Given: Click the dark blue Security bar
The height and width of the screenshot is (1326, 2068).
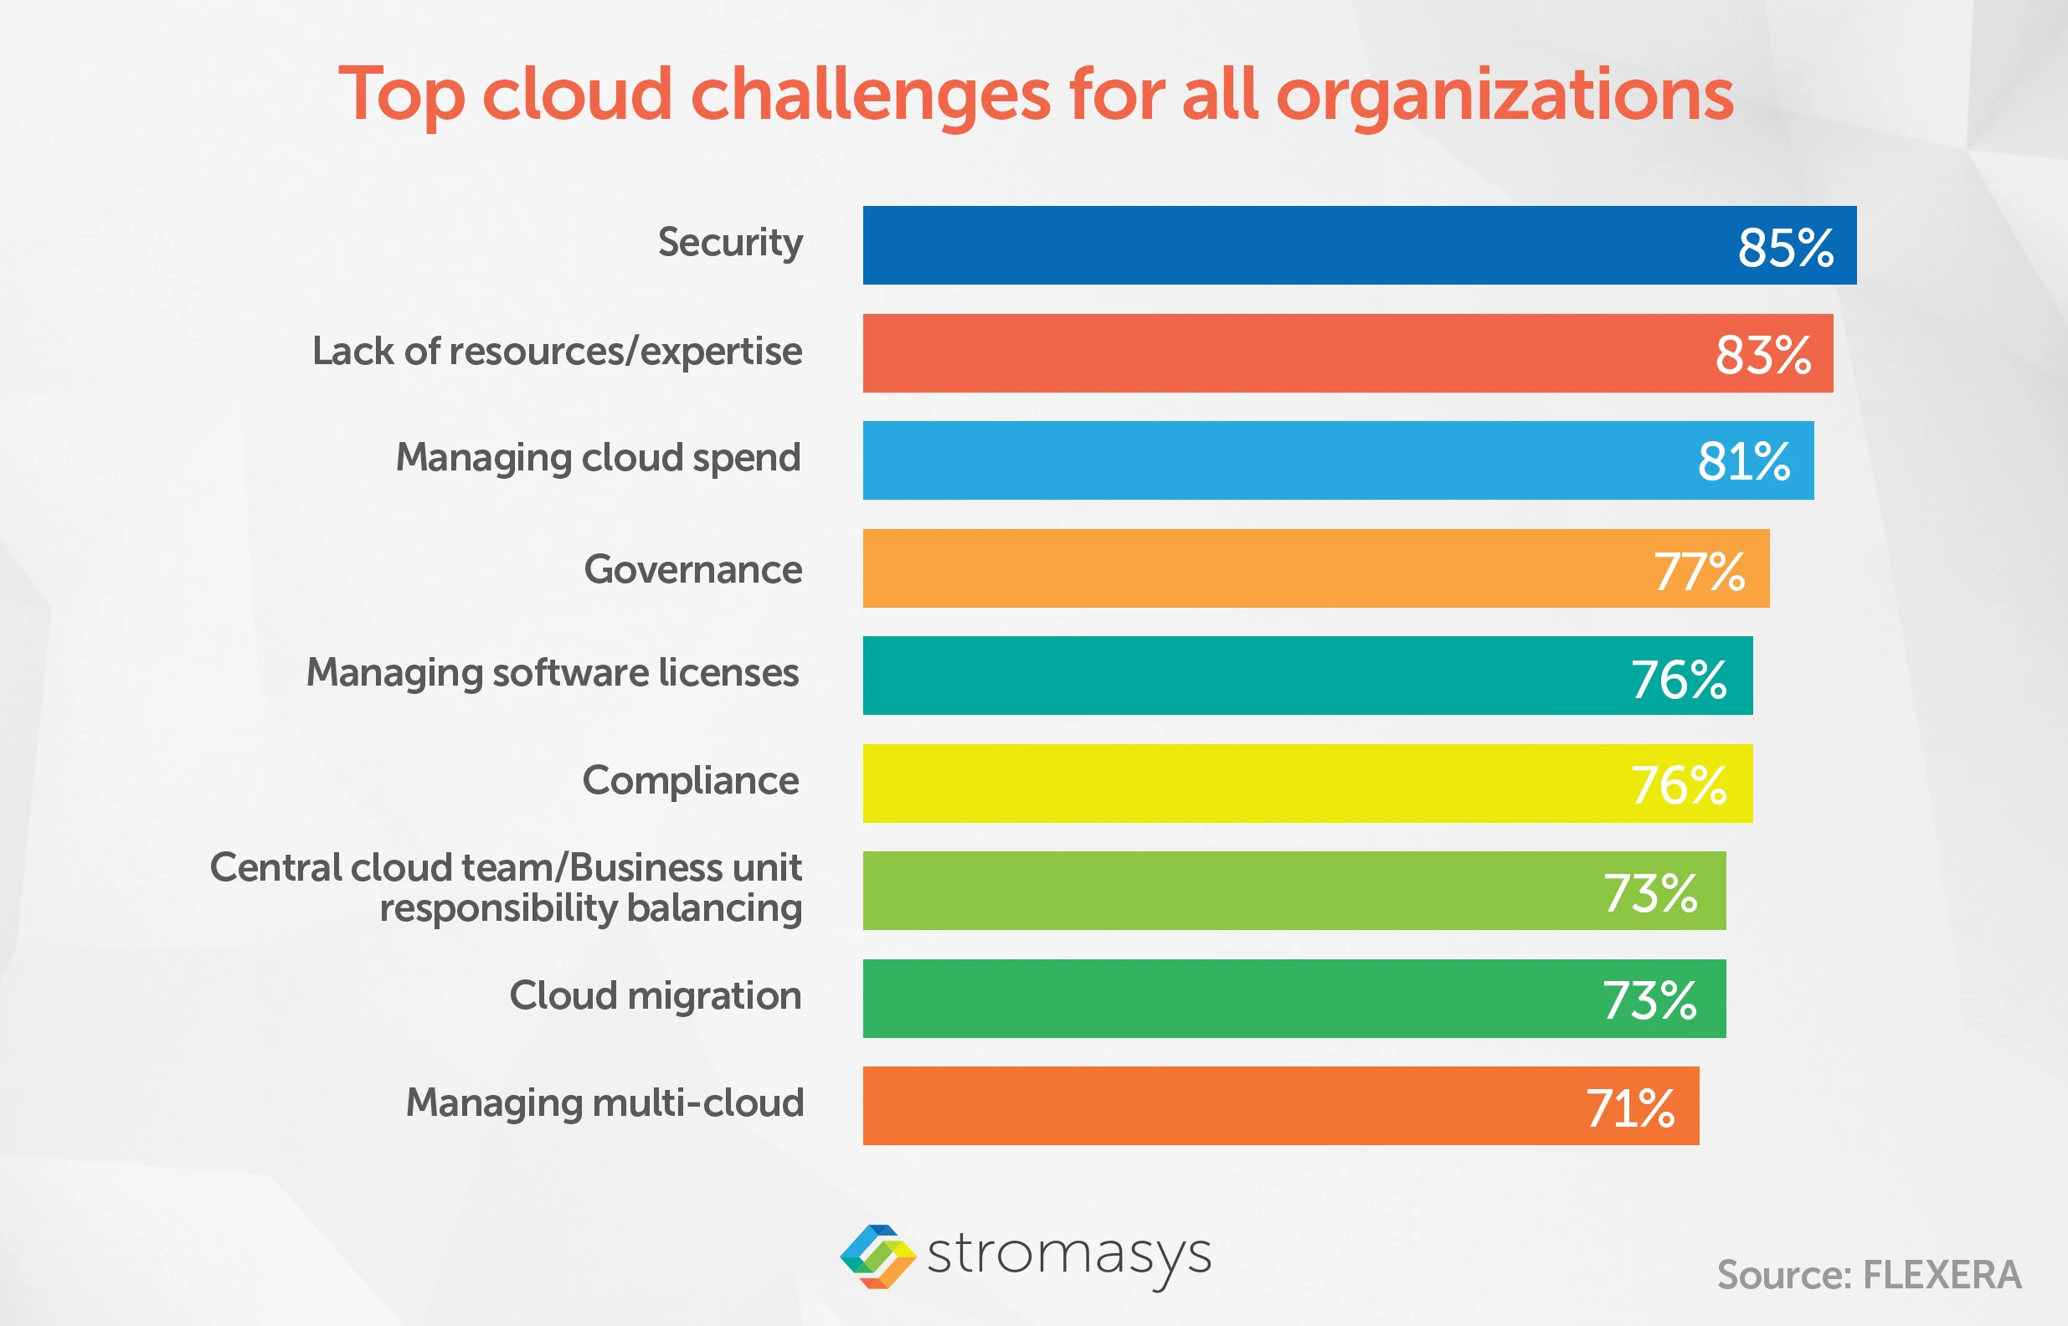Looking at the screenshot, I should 1291,245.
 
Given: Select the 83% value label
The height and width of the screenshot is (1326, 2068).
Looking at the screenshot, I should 1763,355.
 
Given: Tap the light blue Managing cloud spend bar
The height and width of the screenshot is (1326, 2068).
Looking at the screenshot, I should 1274,460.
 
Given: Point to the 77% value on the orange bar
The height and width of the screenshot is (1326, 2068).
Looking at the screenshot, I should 1699,571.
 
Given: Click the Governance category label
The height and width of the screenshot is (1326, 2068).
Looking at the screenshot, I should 693,569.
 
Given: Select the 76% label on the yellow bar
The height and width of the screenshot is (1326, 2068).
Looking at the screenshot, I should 1679,785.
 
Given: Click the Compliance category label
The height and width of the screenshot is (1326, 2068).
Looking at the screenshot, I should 691,781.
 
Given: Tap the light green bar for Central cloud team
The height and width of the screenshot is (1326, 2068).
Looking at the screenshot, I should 1222,892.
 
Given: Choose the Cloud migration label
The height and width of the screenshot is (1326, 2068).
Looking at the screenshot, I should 656,996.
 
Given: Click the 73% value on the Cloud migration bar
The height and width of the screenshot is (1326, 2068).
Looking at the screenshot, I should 1649,1000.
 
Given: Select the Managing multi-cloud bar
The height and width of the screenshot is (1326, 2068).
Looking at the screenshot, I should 1206,1107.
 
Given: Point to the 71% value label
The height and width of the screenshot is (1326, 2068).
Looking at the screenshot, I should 1631,1108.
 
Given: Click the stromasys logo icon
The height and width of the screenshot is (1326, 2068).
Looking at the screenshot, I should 877,1257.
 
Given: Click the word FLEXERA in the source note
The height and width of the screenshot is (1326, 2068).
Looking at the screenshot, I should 1942,1275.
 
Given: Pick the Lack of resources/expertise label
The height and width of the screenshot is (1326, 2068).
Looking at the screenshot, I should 557,352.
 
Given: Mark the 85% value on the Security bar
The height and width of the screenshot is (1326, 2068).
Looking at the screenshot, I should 1786,248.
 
